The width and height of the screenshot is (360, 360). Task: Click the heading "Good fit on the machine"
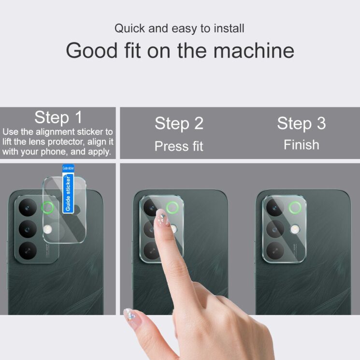(180, 51)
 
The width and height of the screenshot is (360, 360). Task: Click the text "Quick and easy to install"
(180, 29)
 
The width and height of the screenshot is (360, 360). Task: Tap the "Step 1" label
(58, 117)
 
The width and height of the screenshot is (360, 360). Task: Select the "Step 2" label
(179, 123)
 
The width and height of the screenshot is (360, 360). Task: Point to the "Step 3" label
(302, 123)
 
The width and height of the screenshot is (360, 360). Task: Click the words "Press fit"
(179, 146)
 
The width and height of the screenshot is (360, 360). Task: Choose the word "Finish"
(302, 145)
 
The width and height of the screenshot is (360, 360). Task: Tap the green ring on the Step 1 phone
(47, 208)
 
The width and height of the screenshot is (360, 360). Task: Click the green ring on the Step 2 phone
(172, 208)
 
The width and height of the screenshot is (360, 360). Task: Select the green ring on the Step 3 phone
(295, 208)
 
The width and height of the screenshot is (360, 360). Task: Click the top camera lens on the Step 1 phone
(27, 208)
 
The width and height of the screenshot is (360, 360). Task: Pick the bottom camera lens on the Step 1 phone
(27, 249)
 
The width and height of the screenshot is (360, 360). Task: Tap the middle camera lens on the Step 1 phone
(27, 229)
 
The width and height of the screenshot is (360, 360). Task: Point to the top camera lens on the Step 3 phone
(274, 208)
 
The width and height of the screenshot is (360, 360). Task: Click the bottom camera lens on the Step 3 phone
(274, 249)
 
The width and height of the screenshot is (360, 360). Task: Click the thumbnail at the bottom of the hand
(130, 314)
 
